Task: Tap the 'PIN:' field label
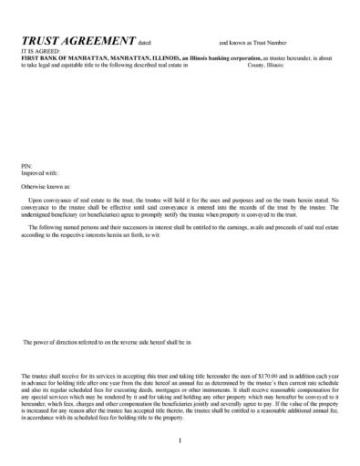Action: (26, 165)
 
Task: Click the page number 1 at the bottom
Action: (180, 441)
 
